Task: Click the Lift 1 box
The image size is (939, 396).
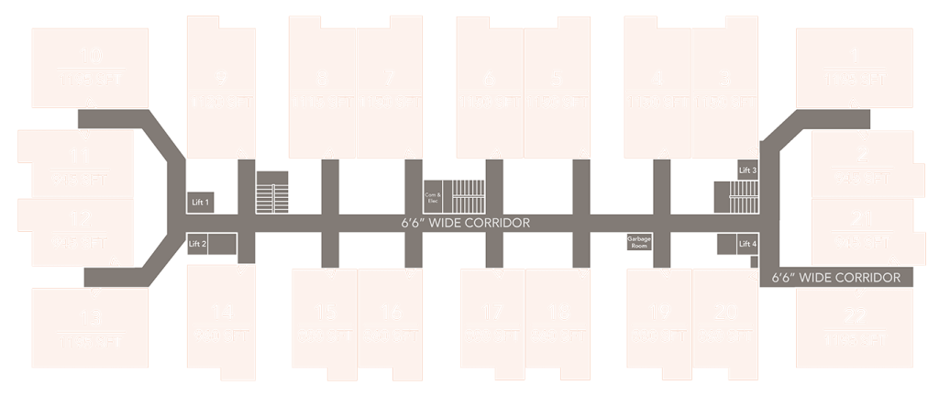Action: [x=201, y=202]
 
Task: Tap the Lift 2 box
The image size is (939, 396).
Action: [x=199, y=244]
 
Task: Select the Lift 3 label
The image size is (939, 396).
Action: [x=748, y=170]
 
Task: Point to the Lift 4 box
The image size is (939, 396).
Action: [x=748, y=244]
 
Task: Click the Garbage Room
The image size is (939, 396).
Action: [x=639, y=242]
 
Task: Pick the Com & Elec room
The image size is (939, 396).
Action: [x=433, y=196]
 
